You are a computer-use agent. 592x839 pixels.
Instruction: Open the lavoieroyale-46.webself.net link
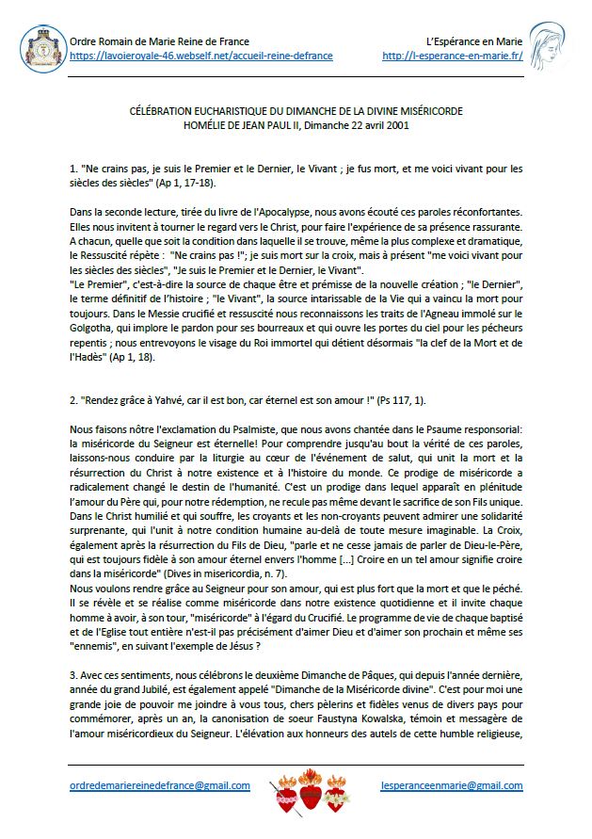pos(201,56)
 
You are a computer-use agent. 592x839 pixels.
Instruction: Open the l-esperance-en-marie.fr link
pos(453,56)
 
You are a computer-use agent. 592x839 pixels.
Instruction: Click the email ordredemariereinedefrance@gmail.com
pos(160,784)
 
